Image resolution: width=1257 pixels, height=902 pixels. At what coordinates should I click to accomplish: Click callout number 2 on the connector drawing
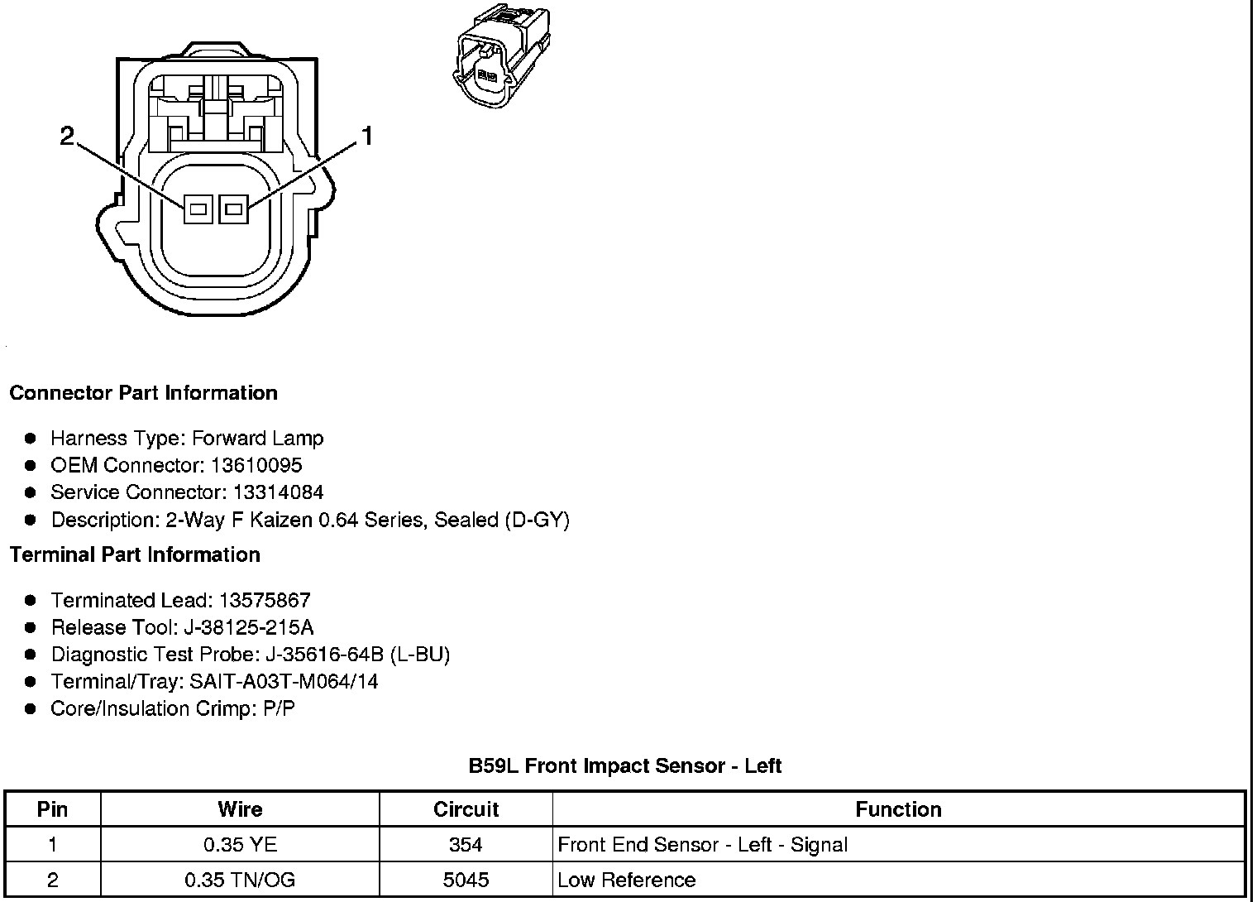pyautogui.click(x=68, y=136)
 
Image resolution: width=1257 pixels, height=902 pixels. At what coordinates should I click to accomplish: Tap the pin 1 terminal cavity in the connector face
pyautogui.click(x=233, y=209)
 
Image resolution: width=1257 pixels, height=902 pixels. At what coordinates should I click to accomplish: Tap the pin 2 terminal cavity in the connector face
pyautogui.click(x=198, y=209)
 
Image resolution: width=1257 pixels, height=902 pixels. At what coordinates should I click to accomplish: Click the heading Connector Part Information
pyautogui.click(x=143, y=393)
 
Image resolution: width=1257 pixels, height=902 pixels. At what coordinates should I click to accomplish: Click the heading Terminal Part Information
pyautogui.click(x=135, y=554)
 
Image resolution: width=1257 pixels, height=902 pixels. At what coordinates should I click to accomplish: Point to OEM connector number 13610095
pyautogui.click(x=256, y=465)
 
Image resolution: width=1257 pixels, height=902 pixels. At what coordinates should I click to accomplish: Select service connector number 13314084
pyautogui.click(x=278, y=492)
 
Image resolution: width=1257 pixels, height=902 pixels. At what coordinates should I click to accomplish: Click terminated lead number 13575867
pyautogui.click(x=265, y=600)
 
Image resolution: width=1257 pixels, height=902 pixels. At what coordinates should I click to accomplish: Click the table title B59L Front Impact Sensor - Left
pyautogui.click(x=625, y=765)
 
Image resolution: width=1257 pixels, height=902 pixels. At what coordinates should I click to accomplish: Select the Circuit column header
pyautogui.click(x=466, y=809)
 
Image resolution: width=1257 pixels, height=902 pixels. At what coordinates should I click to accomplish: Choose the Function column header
pyautogui.click(x=898, y=809)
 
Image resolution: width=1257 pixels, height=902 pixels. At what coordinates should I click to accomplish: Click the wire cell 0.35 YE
pyautogui.click(x=240, y=845)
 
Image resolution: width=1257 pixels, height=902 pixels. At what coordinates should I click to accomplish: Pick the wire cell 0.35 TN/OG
pyautogui.click(x=240, y=880)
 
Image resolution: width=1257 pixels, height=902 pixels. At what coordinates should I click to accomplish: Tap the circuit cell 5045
pyautogui.click(x=466, y=880)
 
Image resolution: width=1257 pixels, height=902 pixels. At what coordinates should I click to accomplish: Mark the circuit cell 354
pyautogui.click(x=466, y=845)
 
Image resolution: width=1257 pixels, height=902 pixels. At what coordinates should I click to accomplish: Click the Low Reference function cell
pyautogui.click(x=627, y=880)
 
